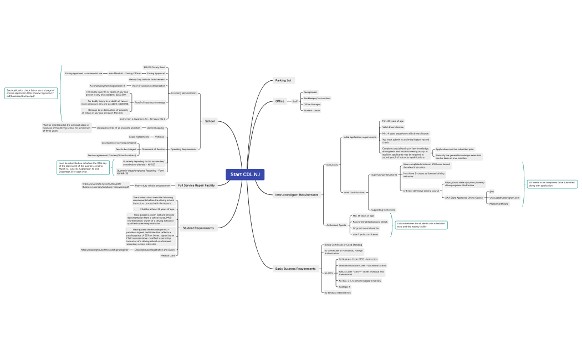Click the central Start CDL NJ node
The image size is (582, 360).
(244, 174)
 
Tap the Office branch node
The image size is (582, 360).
(280, 101)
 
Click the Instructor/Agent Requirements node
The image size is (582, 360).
(297, 194)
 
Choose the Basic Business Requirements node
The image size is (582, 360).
(295, 269)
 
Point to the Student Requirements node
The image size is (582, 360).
(198, 228)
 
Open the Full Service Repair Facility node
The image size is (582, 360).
(196, 185)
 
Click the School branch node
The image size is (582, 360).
(210, 121)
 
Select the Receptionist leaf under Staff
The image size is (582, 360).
(310, 92)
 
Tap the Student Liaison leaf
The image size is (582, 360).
(312, 110)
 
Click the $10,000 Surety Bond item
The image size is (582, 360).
(154, 67)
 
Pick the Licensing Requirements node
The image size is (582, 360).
(183, 93)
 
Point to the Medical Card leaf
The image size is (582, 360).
(167, 256)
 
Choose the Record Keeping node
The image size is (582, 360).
(155, 128)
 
